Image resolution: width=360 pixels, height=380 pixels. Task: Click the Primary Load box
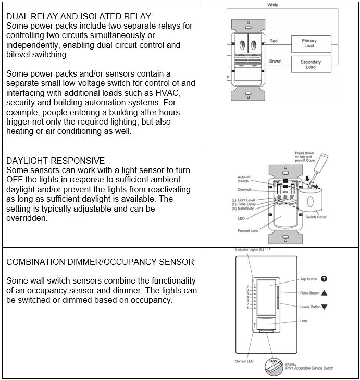tap(309, 43)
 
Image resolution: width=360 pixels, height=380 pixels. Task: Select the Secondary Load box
tap(311, 64)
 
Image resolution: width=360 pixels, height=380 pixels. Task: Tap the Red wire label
tap(274, 41)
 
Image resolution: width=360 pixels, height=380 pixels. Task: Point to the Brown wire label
tap(275, 62)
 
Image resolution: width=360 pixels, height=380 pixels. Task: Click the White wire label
tap(272, 5)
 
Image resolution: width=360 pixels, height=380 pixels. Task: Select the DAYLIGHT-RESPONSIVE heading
tap(55, 161)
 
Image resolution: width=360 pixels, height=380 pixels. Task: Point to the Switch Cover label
tap(316, 217)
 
